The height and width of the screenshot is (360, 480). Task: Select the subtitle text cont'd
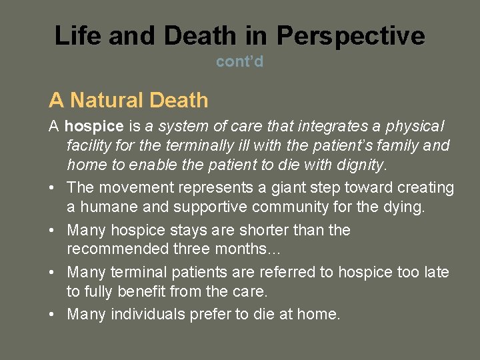pyautogui.click(x=239, y=62)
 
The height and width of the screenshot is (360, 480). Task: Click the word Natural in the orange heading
pyautogui.click(x=107, y=101)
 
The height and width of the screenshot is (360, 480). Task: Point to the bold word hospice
pyautogui.click(x=94, y=126)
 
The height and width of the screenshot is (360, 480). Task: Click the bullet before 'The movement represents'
pyautogui.click(x=53, y=189)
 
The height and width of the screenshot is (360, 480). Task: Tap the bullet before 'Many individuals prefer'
pyautogui.click(x=53, y=314)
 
